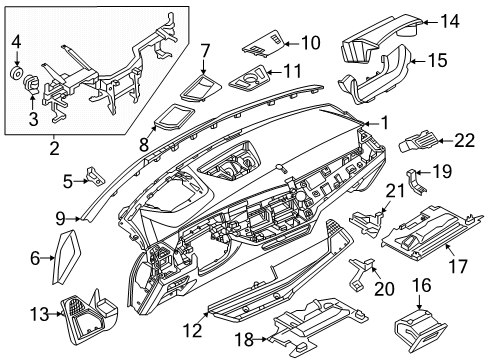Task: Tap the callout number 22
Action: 462,140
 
